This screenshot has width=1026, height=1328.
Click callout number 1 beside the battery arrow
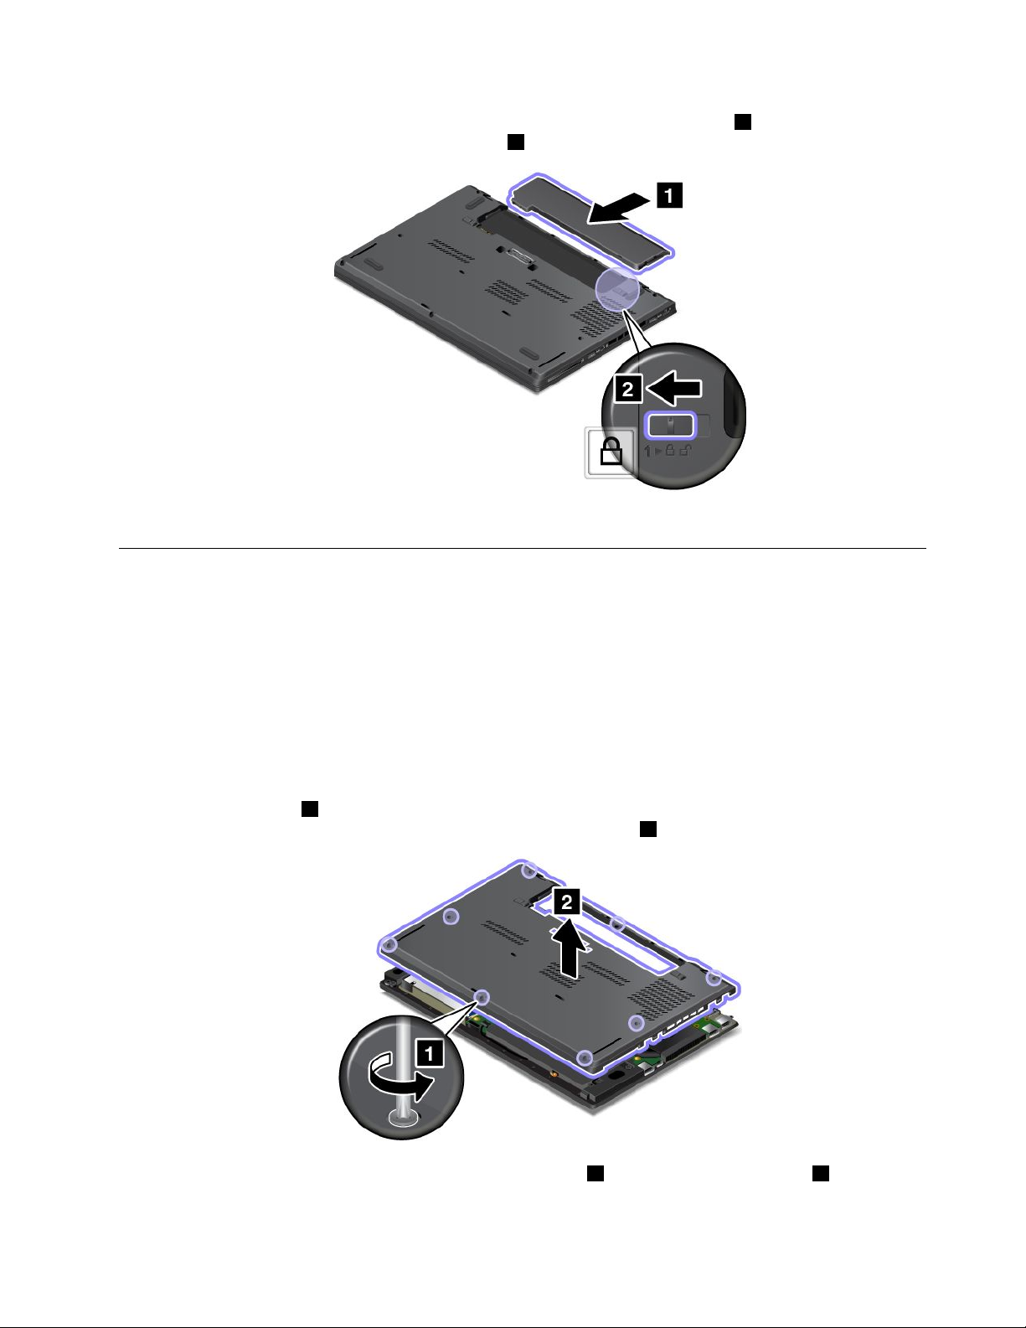[x=669, y=195]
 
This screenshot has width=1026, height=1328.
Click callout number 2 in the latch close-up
[x=628, y=388]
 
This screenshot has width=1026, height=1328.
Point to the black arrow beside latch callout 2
[x=673, y=388]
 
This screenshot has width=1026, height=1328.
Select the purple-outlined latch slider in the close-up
[x=671, y=425]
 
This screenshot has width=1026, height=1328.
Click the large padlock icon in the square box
[x=611, y=452]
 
